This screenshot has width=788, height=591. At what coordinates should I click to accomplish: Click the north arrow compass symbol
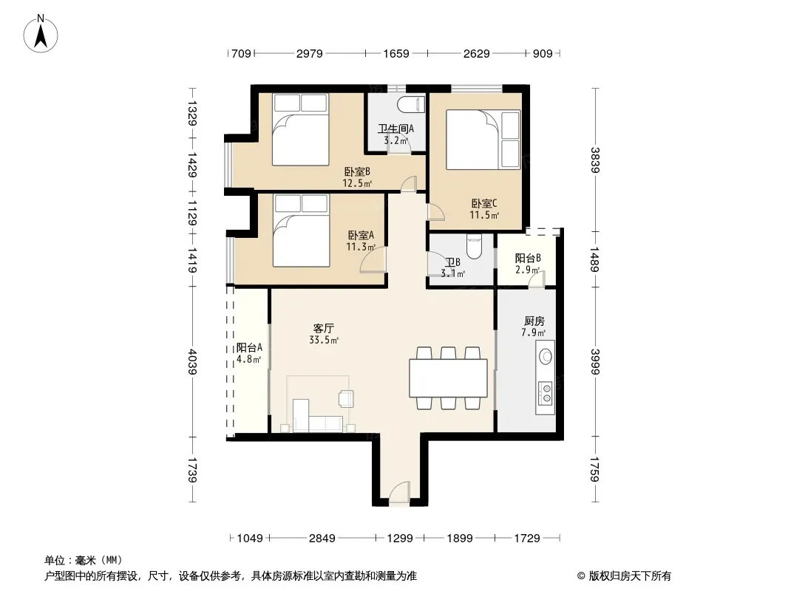click(41, 34)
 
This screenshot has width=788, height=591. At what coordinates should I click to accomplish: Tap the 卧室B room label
click(357, 172)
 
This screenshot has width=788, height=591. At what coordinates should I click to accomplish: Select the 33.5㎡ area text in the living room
click(324, 340)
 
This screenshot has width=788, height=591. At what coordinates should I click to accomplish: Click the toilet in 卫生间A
click(411, 106)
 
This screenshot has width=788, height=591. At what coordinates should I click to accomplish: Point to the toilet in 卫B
click(474, 246)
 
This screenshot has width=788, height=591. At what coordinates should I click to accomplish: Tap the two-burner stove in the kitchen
click(546, 393)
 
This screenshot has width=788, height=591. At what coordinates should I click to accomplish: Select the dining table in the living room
click(448, 378)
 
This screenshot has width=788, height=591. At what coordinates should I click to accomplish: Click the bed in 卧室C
click(483, 140)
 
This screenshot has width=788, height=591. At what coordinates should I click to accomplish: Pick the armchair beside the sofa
click(346, 397)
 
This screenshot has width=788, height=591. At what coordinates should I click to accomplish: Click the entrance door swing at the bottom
click(399, 491)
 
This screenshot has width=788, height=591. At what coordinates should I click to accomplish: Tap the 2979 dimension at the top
click(309, 53)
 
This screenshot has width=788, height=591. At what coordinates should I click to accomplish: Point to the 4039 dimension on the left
click(191, 362)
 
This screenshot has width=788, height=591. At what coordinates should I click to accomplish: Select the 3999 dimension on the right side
click(596, 361)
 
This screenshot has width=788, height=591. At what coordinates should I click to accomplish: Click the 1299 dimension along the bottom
click(399, 539)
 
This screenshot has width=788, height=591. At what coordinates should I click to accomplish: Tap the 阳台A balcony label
click(249, 347)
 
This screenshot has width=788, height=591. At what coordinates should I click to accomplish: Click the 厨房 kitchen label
click(534, 321)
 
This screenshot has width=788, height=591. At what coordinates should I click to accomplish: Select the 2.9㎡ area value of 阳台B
click(528, 270)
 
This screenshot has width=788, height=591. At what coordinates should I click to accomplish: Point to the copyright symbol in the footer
click(581, 576)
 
